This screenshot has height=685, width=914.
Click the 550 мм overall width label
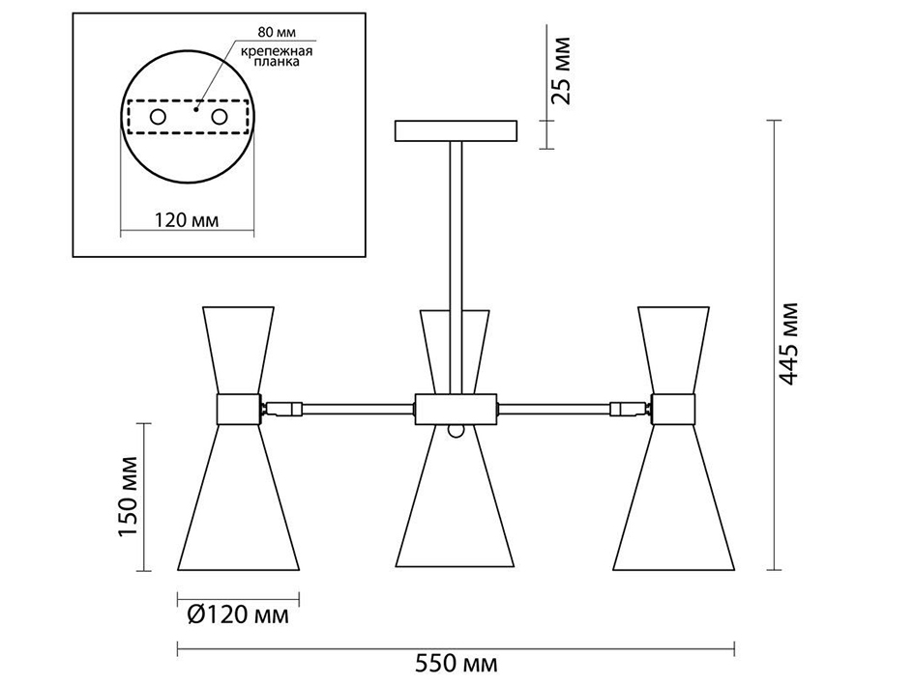(457, 664)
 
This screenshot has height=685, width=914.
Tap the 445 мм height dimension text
(788, 344)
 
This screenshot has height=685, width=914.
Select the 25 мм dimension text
(561, 71)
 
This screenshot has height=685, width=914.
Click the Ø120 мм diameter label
(238, 614)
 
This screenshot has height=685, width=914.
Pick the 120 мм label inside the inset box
(187, 220)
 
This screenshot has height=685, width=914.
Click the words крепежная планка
(277, 56)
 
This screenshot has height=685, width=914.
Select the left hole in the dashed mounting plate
(158, 117)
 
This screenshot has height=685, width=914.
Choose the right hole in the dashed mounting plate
(220, 117)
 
